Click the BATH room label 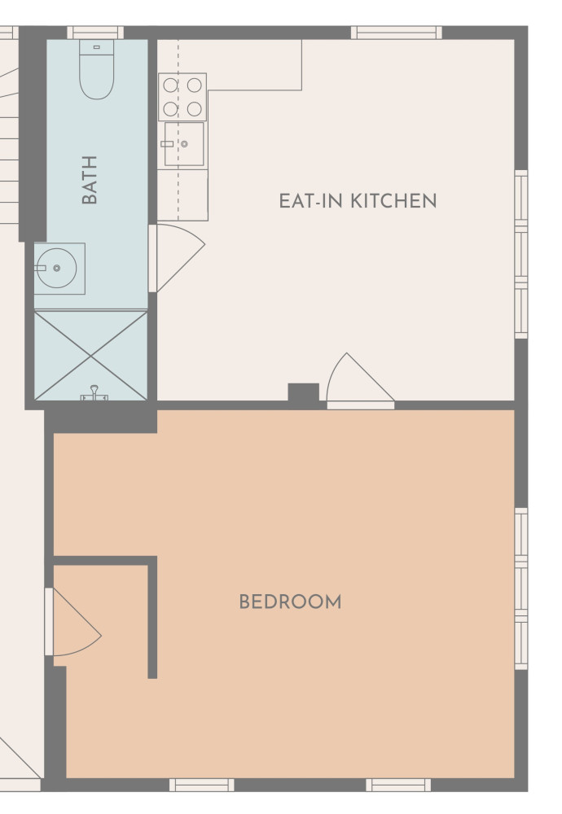(x=90, y=180)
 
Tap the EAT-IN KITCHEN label (x=358, y=201)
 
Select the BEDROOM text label (x=290, y=602)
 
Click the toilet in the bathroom (x=97, y=69)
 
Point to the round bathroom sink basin (x=56, y=268)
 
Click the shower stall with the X (x=91, y=356)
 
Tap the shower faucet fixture (x=94, y=393)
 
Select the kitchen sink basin (x=184, y=144)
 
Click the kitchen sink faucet (x=167, y=144)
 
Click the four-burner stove (x=182, y=97)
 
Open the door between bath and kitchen (x=177, y=258)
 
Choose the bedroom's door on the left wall (x=72, y=621)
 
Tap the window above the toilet (x=95, y=33)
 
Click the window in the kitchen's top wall (x=397, y=33)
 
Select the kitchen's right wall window (x=521, y=254)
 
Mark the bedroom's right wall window (x=521, y=589)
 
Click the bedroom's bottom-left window (x=201, y=785)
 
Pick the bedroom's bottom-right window (x=398, y=785)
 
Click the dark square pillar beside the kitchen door (x=303, y=392)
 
